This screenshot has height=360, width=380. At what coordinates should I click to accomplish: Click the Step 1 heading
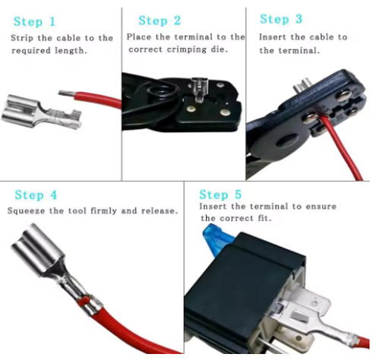tap(34, 21)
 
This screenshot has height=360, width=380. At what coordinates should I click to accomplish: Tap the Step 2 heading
tap(160, 21)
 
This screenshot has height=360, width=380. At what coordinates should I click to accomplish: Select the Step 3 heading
tap(281, 19)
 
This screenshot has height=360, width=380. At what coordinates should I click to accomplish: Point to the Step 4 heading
tap(36, 195)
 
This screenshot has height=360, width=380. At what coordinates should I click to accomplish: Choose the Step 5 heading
tap(220, 194)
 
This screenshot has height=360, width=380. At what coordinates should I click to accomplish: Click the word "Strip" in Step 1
tap(22, 38)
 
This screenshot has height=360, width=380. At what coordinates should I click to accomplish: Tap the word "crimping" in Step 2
tap(187, 49)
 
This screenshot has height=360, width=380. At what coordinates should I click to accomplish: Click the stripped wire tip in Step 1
tap(66, 93)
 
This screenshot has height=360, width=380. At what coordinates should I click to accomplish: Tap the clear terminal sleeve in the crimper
tap(199, 90)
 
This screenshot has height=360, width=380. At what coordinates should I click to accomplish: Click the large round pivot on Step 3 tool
tap(287, 141)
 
